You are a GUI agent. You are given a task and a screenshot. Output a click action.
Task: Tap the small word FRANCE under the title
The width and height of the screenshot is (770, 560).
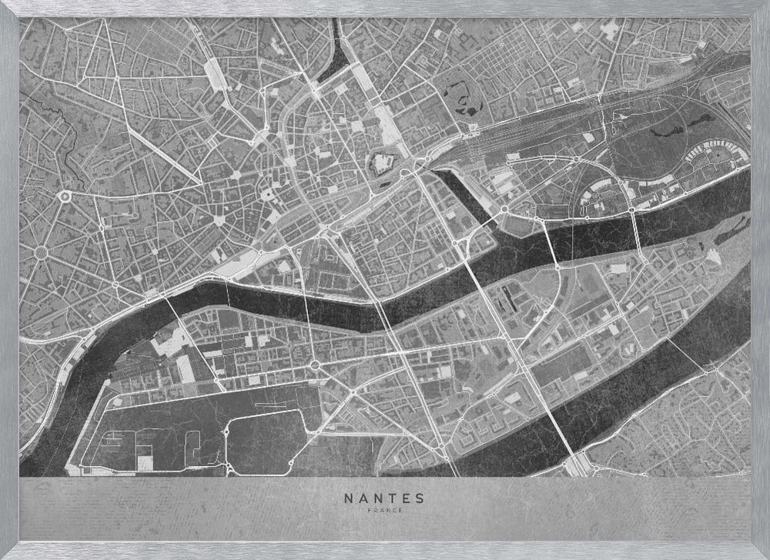(x=385, y=509)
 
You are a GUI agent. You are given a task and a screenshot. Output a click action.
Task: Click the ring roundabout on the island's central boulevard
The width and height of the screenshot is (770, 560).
(x=314, y=364)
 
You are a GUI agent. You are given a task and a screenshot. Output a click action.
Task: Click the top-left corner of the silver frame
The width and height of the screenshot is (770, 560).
(x=5, y=5)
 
